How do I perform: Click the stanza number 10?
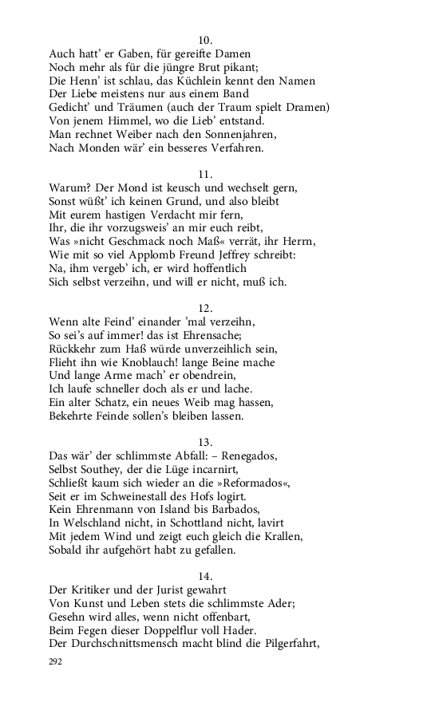tap(204, 39)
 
